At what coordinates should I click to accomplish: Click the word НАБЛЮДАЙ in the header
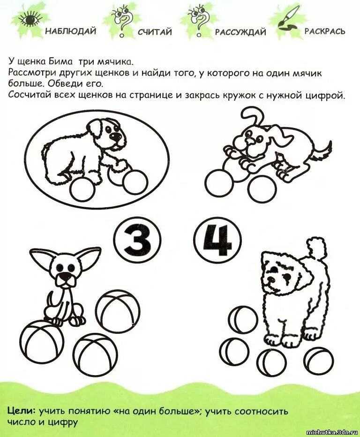[71, 31]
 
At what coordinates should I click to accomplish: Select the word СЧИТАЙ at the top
[155, 32]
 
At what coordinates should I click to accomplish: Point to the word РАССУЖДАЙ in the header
[240, 32]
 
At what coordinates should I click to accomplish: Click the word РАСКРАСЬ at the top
[325, 31]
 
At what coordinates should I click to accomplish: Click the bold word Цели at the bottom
[22, 411]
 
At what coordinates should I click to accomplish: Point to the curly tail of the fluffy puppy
[319, 248]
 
